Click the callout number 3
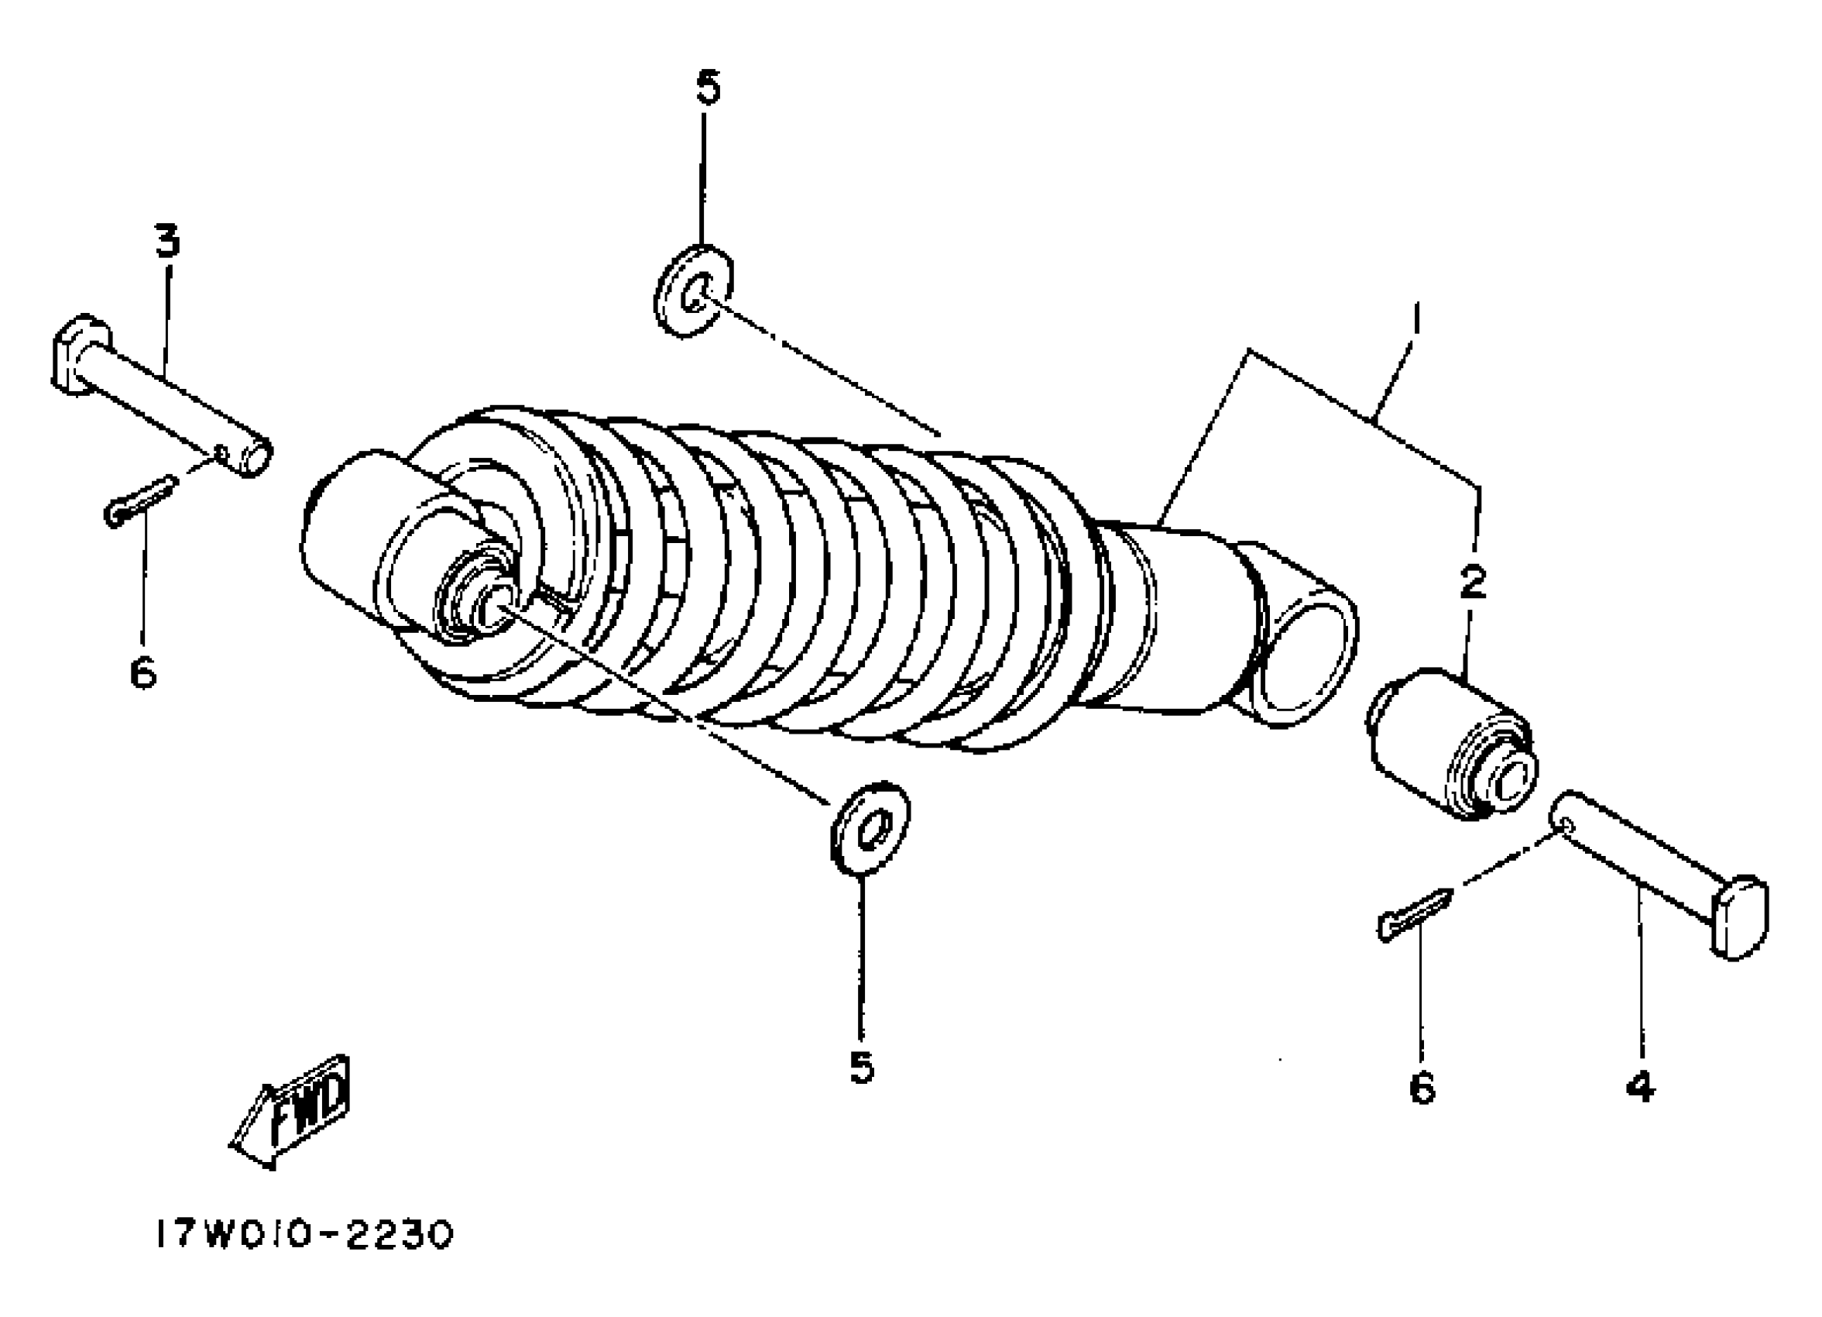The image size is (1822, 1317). [167, 240]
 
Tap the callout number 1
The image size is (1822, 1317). [1415, 319]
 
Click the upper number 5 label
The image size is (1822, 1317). [708, 88]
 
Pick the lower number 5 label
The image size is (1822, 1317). [861, 1067]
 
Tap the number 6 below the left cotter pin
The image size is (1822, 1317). [143, 673]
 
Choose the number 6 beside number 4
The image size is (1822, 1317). [1421, 1088]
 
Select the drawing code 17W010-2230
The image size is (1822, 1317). [304, 1236]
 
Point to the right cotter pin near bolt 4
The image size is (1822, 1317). [1415, 913]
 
